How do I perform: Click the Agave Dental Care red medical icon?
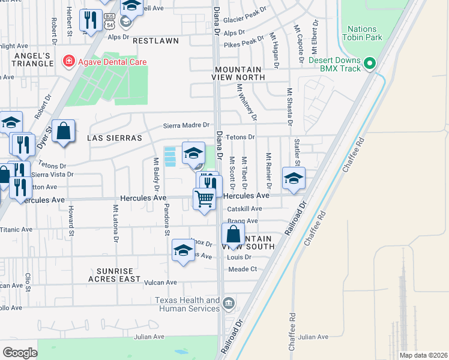pyautogui.click(x=68, y=62)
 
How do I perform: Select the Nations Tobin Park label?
pyautogui.click(x=362, y=33)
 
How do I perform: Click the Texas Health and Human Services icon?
pyautogui.click(x=228, y=304)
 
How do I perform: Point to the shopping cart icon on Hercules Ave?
pyautogui.click(x=205, y=198)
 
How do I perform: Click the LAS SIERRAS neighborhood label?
pyautogui.click(x=115, y=138)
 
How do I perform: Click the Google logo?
pyautogui.click(x=20, y=352)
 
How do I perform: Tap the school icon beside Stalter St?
pyautogui.click(x=294, y=178)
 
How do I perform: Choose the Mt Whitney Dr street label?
pyautogui.click(x=246, y=101)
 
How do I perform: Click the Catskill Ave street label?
pyautogui.click(x=244, y=209)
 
